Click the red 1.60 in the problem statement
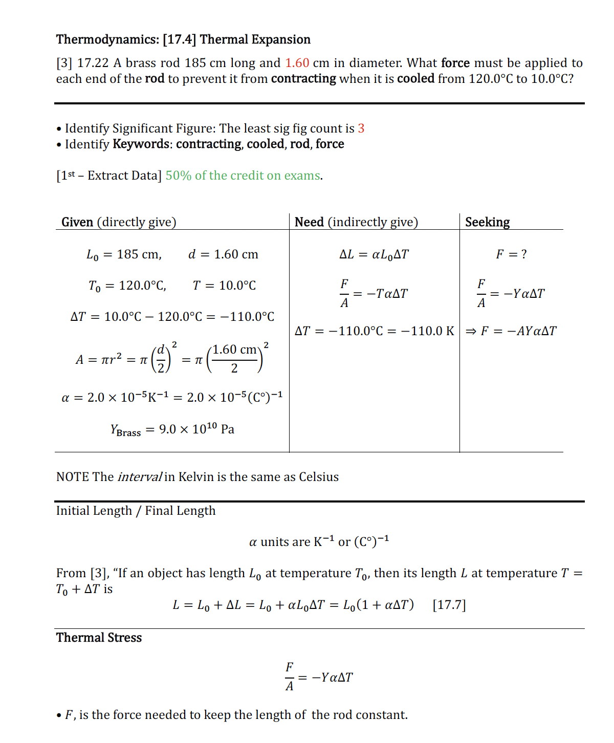tap(297, 63)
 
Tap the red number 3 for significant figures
tap(361, 128)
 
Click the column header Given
tap(77, 222)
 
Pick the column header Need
tap(309, 222)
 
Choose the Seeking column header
tap(487, 222)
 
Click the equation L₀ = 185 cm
tap(124, 254)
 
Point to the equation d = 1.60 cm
tap(223, 254)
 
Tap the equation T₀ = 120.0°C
tap(127, 286)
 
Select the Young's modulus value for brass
tap(172, 429)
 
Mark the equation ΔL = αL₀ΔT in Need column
tap(374, 254)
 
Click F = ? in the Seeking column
tap(511, 254)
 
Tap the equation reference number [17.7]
tap(449, 605)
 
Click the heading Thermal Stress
tap(99, 638)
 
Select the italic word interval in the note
tap(139, 477)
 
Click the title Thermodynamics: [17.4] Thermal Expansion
tap(183, 39)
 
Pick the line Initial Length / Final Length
tap(136, 511)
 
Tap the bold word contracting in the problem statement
tap(303, 79)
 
